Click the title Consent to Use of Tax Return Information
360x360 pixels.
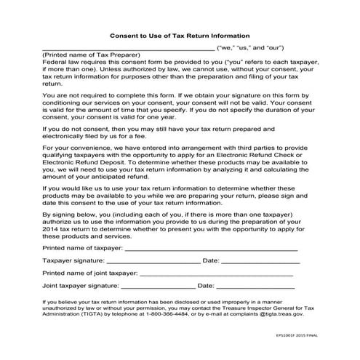(x=180, y=35)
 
